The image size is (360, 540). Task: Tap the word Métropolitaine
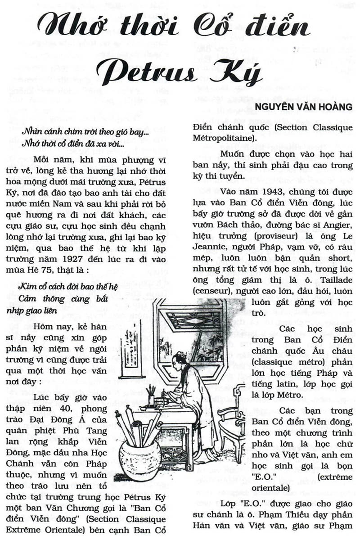point(221,138)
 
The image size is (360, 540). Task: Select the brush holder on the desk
point(151,399)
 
